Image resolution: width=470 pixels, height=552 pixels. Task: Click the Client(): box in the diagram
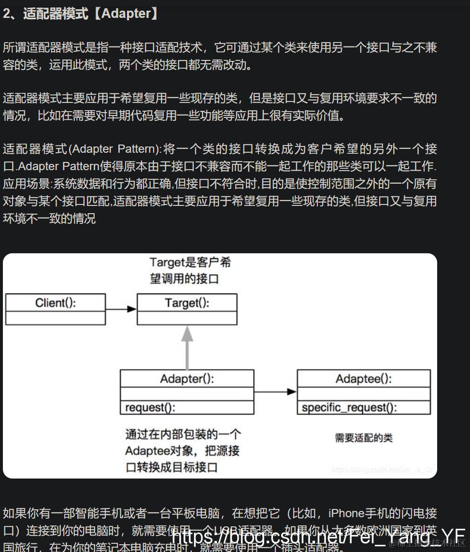[56, 303]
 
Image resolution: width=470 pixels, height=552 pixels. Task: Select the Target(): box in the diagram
[187, 303]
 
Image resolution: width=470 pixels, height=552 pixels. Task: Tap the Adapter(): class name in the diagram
[187, 378]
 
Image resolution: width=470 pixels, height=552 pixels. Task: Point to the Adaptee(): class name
[363, 378]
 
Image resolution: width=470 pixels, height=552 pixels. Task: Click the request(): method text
[150, 407]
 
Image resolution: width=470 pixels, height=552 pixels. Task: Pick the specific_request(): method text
[349, 407]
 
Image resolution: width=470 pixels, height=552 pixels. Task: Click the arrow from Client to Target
[121, 309]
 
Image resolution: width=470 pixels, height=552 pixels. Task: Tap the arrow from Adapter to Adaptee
[275, 392]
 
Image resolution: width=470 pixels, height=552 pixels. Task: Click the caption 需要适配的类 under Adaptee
[364, 438]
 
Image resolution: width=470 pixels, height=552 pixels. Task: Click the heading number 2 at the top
[7, 14]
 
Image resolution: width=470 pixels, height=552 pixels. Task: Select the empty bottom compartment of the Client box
[56, 318]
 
